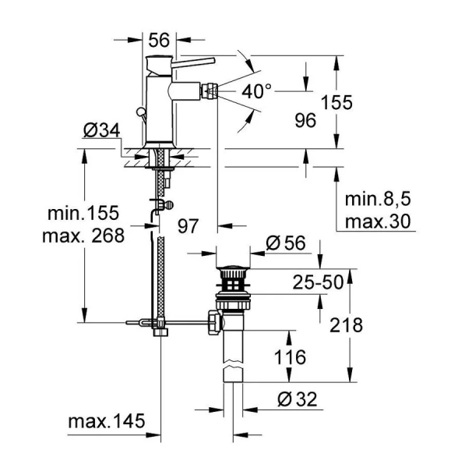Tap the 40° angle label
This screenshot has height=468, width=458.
[x=257, y=91]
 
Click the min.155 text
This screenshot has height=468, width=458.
[x=81, y=214]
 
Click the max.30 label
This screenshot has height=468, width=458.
[x=377, y=222]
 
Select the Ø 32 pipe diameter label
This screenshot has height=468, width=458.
[x=296, y=400]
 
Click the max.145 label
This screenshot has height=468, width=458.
[x=107, y=422]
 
